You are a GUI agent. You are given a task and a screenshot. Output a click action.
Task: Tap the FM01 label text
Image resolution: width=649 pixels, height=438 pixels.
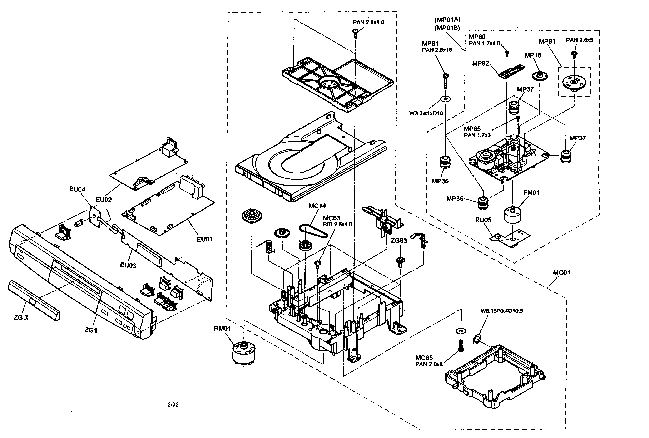[531, 192]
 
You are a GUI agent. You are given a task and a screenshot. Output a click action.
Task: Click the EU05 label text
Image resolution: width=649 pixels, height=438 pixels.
[483, 220]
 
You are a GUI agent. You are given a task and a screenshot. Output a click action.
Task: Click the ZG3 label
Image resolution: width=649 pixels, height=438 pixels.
[21, 318]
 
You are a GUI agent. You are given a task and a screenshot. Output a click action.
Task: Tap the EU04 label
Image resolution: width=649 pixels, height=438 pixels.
[77, 189]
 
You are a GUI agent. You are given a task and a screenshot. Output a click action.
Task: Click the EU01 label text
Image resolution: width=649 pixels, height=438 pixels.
[204, 239]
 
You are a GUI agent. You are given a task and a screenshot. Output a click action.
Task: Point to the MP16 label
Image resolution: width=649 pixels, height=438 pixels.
[533, 55]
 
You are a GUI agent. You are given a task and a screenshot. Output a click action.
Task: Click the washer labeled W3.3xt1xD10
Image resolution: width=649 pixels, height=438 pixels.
[445, 99]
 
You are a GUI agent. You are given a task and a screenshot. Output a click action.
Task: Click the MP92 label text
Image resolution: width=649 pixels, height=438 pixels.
[480, 63]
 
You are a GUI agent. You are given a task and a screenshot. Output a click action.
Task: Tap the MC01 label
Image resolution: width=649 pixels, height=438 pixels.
[561, 272]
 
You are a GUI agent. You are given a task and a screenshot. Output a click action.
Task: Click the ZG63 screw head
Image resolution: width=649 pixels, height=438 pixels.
[400, 261]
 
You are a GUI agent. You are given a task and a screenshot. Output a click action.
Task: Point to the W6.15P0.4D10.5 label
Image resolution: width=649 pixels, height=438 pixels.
[502, 311]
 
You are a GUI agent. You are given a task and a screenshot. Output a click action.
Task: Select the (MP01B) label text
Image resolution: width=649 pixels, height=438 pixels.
[447, 28]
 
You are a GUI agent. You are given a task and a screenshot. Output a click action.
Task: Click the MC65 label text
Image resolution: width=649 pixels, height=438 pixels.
[424, 358]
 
